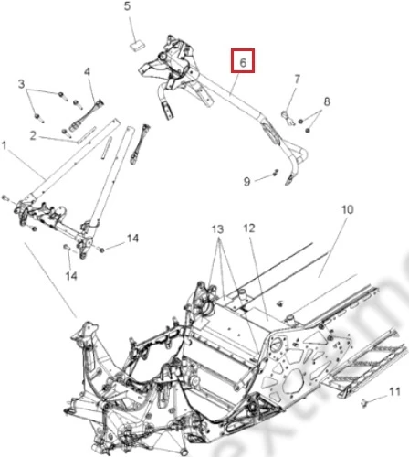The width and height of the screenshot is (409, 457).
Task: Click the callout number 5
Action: pyautogui.click(x=127, y=6)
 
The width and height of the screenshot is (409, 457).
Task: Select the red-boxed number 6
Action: pyautogui.click(x=243, y=62)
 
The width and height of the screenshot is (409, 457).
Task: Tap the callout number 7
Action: pyautogui.click(x=297, y=80)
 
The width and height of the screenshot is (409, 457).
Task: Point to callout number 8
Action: pyautogui.click(x=327, y=101)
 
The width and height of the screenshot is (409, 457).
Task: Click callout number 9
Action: pyautogui.click(x=246, y=182)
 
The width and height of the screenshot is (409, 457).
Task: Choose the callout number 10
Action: pyautogui.click(x=348, y=209)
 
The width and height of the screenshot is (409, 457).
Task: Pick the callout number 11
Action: pyautogui.click(x=394, y=391)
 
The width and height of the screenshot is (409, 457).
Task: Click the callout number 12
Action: pyautogui.click(x=249, y=228)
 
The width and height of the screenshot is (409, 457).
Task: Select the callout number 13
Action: pyautogui.click(x=218, y=229)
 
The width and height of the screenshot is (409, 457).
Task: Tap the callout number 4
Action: pyautogui.click(x=88, y=72)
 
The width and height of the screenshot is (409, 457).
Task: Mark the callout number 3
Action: pyautogui.click(x=21, y=84)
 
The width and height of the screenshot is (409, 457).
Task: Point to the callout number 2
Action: pyautogui.click(x=33, y=135)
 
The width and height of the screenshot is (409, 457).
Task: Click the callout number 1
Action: pyautogui.click(x=4, y=145)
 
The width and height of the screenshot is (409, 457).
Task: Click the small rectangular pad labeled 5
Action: pyautogui.click(x=137, y=45)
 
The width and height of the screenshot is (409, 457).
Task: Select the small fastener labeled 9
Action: pyautogui.click(x=276, y=173)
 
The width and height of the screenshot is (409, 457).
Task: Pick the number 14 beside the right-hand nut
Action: pyautogui.click(x=132, y=239)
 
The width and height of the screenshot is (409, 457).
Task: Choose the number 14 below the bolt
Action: pyautogui.click(x=71, y=276)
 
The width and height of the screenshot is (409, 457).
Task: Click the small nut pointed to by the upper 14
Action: pyautogui.click(x=102, y=250)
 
